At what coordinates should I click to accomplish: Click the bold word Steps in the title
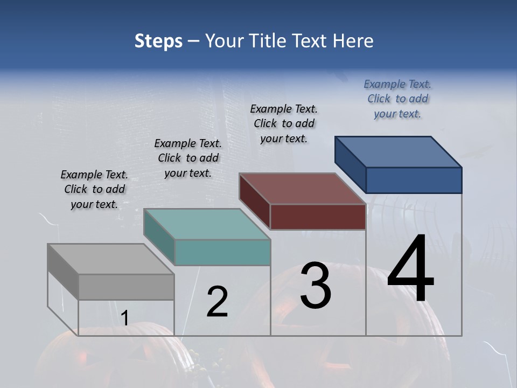158,41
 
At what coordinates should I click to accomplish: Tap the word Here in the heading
353,41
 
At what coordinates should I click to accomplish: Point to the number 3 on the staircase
316,286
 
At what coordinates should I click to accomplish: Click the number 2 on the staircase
218,302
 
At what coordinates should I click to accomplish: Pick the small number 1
124,318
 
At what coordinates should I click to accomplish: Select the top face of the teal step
207,224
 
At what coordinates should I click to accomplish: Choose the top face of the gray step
111,259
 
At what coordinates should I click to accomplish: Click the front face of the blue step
414,180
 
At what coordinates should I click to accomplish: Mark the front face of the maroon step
318,217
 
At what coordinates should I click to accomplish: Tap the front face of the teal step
222,252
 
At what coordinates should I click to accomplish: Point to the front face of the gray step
126,287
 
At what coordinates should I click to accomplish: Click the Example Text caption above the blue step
397,99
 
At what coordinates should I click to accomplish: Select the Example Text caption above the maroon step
284,123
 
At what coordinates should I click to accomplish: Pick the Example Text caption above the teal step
188,158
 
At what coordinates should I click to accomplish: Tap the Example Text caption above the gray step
94,189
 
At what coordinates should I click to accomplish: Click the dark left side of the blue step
350,165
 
